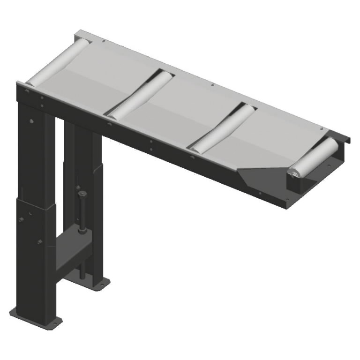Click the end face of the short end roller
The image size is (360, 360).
point(294,174)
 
